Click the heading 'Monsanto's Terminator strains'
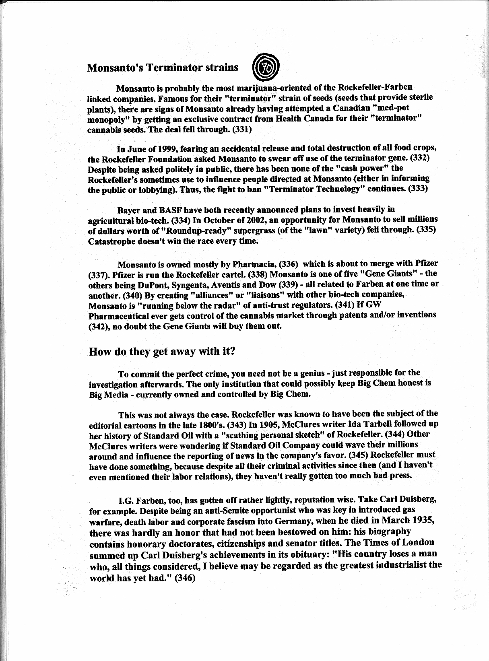pyautogui.click(x=162, y=67)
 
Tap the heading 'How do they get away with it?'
pyautogui.click(x=161, y=351)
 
